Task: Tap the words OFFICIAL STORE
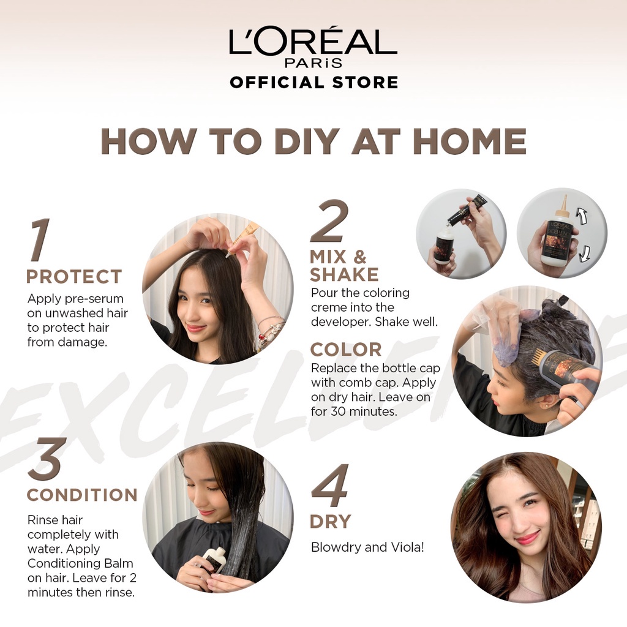tap(314, 83)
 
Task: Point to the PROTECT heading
tap(74, 276)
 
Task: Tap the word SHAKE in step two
tap(344, 275)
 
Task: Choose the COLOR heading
tap(346, 350)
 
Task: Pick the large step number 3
tap(44, 459)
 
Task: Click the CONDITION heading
tap(82, 495)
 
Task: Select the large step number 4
tap(330, 486)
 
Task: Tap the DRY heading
tap(330, 522)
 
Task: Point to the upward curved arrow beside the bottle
tap(581, 219)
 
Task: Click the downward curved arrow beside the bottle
tap(585, 253)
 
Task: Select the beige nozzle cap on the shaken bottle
tap(564, 208)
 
